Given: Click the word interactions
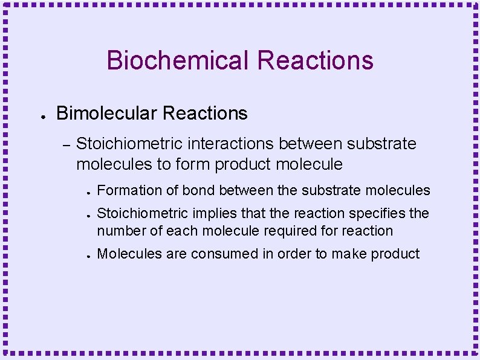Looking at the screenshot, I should [x=232, y=144].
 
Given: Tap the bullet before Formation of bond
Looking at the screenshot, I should [x=88, y=193].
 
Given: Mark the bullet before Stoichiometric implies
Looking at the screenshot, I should [x=88, y=216].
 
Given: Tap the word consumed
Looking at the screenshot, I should [x=225, y=254].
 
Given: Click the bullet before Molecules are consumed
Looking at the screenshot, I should [x=88, y=256].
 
